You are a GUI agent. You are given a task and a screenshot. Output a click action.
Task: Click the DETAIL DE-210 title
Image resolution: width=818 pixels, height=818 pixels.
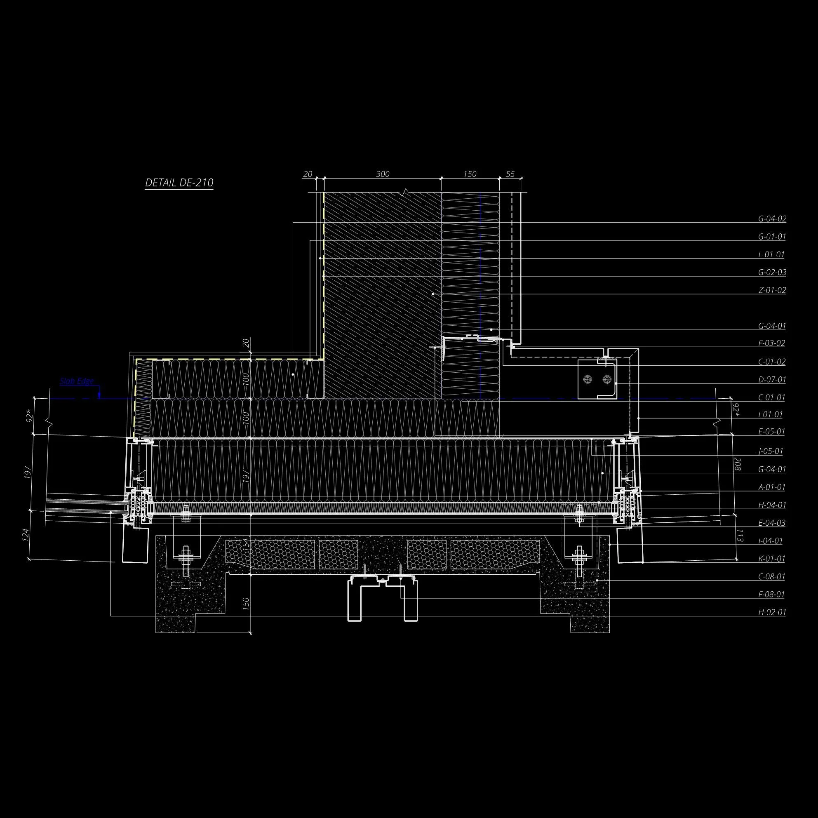pos(179,183)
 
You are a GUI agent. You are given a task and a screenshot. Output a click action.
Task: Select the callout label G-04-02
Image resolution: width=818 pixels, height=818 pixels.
pos(772,219)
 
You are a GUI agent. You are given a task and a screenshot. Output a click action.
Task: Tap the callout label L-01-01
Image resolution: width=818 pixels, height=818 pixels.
pos(771,254)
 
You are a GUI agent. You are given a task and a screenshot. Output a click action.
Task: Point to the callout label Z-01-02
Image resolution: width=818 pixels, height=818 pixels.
pos(772,290)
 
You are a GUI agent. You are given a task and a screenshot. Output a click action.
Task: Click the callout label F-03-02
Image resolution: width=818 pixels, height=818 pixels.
pos(771,343)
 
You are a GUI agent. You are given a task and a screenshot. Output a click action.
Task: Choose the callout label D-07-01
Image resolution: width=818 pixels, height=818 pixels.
pos(772,379)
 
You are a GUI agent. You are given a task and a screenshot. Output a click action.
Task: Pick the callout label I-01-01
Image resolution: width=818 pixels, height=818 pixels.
pos(770,414)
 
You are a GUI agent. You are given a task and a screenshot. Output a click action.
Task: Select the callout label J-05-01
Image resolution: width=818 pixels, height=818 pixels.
pos(770,451)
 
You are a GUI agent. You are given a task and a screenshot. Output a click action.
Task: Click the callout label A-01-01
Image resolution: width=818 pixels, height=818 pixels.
pos(771,487)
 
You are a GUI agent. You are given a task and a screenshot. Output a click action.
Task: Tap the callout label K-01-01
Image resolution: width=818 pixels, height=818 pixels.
pos(771,559)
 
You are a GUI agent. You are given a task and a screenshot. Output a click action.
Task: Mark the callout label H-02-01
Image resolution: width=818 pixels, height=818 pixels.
pos(772,612)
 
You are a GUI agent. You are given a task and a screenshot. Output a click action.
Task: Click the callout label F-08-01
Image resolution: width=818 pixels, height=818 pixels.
pos(771,595)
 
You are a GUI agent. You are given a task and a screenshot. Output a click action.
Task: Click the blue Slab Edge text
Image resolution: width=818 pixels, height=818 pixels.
pos(77,381)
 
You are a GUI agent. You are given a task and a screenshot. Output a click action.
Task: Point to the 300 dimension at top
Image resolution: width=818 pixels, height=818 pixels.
pos(382,174)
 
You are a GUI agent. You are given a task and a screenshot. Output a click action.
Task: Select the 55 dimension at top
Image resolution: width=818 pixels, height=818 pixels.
pos(510,174)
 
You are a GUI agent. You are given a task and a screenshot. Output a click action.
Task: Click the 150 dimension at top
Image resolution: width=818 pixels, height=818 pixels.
pos(470,174)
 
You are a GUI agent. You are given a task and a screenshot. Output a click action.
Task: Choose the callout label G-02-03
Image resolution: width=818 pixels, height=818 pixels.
pos(772,272)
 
